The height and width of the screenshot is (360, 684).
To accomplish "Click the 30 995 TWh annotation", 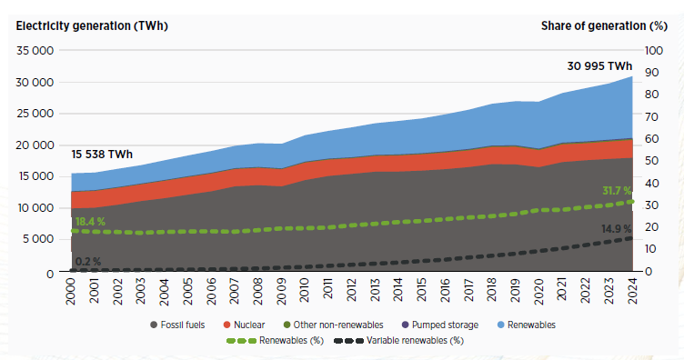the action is point(599,66).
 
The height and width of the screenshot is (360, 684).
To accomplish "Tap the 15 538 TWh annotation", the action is point(102,155).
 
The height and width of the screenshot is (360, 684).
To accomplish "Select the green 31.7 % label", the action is point(617,191).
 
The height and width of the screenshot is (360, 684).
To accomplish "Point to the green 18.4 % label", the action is point(90,222).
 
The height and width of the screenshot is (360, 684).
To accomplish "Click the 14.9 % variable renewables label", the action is point(617,229).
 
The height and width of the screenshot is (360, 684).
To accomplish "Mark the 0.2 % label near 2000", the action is point(88,262).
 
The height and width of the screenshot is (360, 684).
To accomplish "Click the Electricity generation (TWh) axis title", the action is point(92,26).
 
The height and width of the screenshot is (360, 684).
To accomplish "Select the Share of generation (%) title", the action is point(604,26).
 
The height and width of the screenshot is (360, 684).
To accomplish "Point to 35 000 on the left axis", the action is point(35,51).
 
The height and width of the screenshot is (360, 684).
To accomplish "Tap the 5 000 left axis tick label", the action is point(38,239).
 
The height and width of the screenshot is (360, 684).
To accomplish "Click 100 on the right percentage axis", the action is point(654,51).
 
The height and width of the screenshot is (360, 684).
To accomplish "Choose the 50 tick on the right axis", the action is point(652,161).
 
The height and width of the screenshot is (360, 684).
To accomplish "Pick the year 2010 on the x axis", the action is point(304,290).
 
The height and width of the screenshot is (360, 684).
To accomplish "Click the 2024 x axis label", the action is point(632,290).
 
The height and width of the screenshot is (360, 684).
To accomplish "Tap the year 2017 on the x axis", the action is point(468,290).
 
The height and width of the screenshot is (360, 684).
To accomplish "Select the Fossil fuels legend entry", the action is point(177,325).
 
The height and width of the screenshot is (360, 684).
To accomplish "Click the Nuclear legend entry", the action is point(244,325).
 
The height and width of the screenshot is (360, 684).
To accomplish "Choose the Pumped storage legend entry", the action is point(439,325).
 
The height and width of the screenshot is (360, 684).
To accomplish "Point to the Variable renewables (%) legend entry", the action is point(398,340).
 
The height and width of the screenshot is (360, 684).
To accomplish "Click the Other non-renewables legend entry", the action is point(333,325).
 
